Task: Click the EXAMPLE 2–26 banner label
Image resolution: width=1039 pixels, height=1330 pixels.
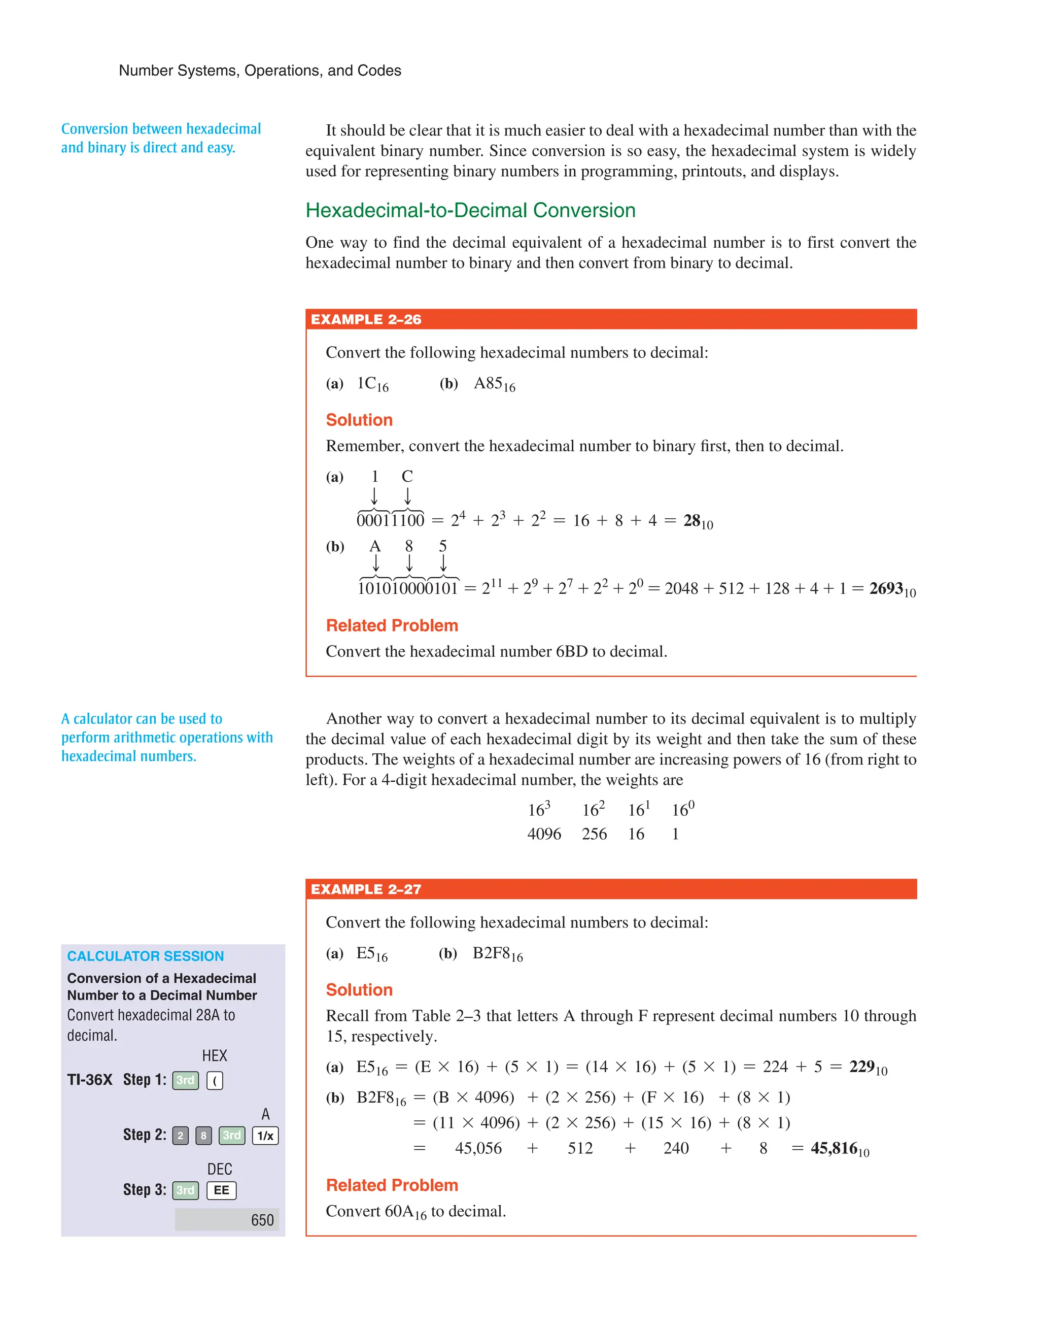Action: [366, 320]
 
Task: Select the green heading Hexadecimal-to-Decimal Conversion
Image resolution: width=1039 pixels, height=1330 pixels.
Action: [470, 210]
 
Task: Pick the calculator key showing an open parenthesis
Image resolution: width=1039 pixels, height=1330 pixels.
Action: [215, 1080]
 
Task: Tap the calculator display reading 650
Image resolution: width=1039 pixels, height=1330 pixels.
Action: [227, 1220]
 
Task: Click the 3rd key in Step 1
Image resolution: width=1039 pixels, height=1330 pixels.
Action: [186, 1080]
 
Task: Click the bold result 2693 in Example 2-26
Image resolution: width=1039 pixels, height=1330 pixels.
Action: [886, 588]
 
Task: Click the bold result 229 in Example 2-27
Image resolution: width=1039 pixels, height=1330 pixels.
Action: [862, 1067]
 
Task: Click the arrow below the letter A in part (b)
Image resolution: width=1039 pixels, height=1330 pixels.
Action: [375, 562]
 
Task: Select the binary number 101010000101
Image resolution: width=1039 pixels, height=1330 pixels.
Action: [407, 588]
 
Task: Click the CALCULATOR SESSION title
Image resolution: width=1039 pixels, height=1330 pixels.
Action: [146, 956]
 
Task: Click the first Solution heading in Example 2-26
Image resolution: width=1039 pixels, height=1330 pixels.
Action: [359, 420]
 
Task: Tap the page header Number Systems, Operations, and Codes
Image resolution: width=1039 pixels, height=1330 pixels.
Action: [260, 71]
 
